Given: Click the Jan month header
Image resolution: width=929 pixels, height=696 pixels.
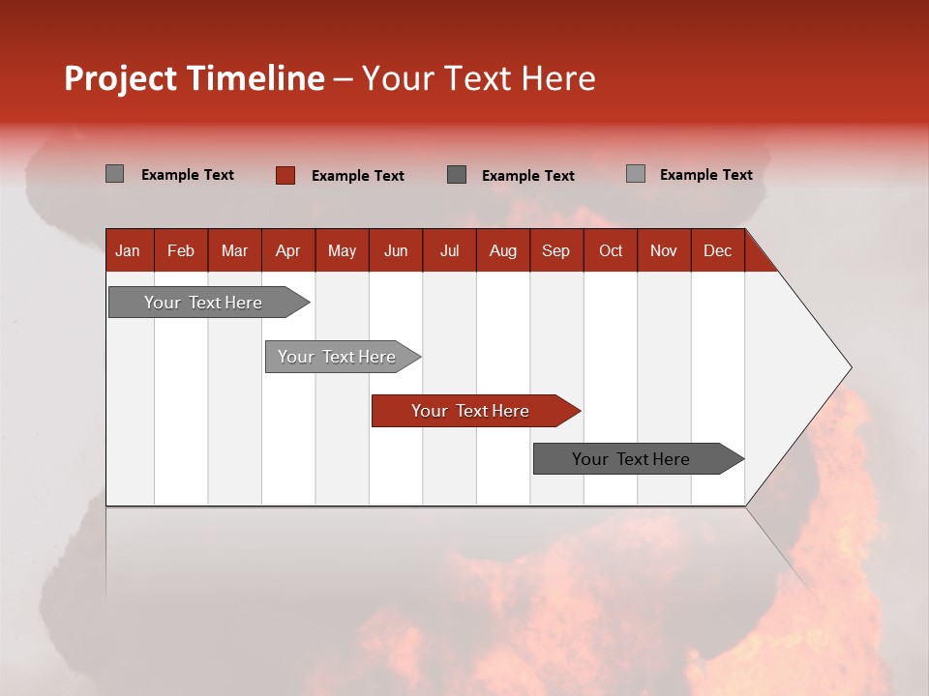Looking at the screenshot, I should tap(128, 250).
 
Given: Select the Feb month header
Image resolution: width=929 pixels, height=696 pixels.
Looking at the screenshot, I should tap(181, 250).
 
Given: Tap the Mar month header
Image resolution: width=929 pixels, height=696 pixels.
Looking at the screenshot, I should tap(234, 250).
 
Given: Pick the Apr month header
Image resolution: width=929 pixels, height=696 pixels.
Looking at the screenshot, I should tap(287, 250).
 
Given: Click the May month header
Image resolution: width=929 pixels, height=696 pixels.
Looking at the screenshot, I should tap(342, 250).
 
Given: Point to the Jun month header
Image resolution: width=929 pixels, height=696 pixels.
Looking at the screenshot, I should tap(396, 250).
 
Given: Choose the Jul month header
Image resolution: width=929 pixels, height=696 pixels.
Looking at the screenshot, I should tap(449, 250).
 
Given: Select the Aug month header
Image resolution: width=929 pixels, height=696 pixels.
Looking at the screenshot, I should tap(502, 250).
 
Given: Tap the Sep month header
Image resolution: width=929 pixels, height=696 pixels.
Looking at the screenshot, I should tap(555, 250).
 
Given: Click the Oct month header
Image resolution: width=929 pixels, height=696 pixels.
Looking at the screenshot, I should tap(611, 250).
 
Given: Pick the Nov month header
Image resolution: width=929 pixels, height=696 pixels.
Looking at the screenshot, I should tap(664, 250).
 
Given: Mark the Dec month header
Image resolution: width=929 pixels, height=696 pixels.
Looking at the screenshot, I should tap(717, 250).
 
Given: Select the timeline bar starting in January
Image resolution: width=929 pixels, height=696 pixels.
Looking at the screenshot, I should tap(204, 303).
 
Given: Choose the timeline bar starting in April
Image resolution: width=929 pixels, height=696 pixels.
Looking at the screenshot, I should tap(338, 357).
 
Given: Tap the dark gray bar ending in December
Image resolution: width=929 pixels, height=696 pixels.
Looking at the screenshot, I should tap(633, 459).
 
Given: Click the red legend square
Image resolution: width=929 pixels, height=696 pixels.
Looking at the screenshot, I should tap(285, 175).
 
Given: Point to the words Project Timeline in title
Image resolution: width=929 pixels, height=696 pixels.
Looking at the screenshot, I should tap(195, 78).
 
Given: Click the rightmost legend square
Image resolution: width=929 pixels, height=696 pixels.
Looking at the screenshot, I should tap(635, 174).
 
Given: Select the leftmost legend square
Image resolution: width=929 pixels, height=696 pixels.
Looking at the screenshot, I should tap(114, 174).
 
